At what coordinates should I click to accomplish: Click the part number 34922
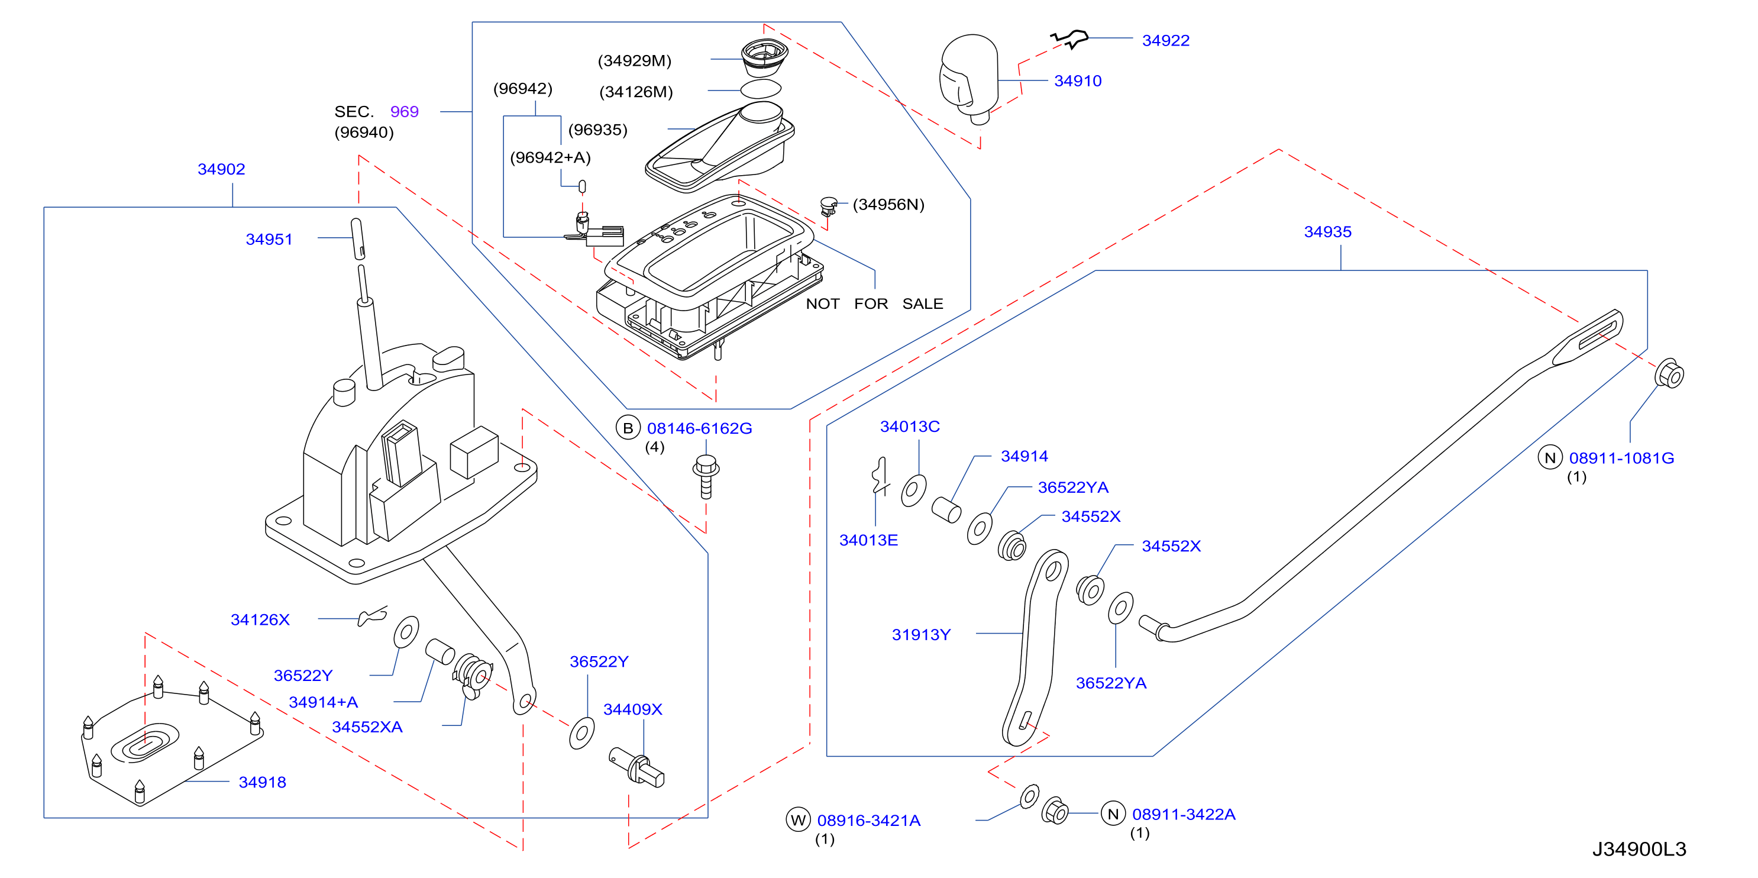tap(1166, 41)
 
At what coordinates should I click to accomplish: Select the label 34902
tap(221, 169)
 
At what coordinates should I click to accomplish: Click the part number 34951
tap(269, 240)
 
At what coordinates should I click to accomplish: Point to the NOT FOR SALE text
tap(874, 304)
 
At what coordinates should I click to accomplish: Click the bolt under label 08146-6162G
tap(706, 476)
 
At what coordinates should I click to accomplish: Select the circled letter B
tap(628, 428)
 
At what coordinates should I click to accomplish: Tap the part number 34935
tap(1327, 232)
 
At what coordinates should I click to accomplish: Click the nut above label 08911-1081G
tap(1669, 373)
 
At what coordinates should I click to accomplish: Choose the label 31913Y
tap(920, 635)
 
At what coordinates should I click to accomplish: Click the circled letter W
tap(798, 820)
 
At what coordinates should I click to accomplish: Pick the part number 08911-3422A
tap(1184, 815)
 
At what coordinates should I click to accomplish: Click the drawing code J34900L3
tap(1639, 850)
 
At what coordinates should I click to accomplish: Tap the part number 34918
tap(262, 782)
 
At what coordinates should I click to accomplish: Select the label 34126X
tap(260, 620)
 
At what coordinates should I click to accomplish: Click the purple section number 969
tap(404, 112)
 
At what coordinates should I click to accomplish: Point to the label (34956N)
tap(888, 205)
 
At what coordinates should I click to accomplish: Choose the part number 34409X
tap(633, 709)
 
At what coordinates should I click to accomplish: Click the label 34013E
tap(868, 541)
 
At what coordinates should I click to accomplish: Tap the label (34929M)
tap(635, 61)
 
